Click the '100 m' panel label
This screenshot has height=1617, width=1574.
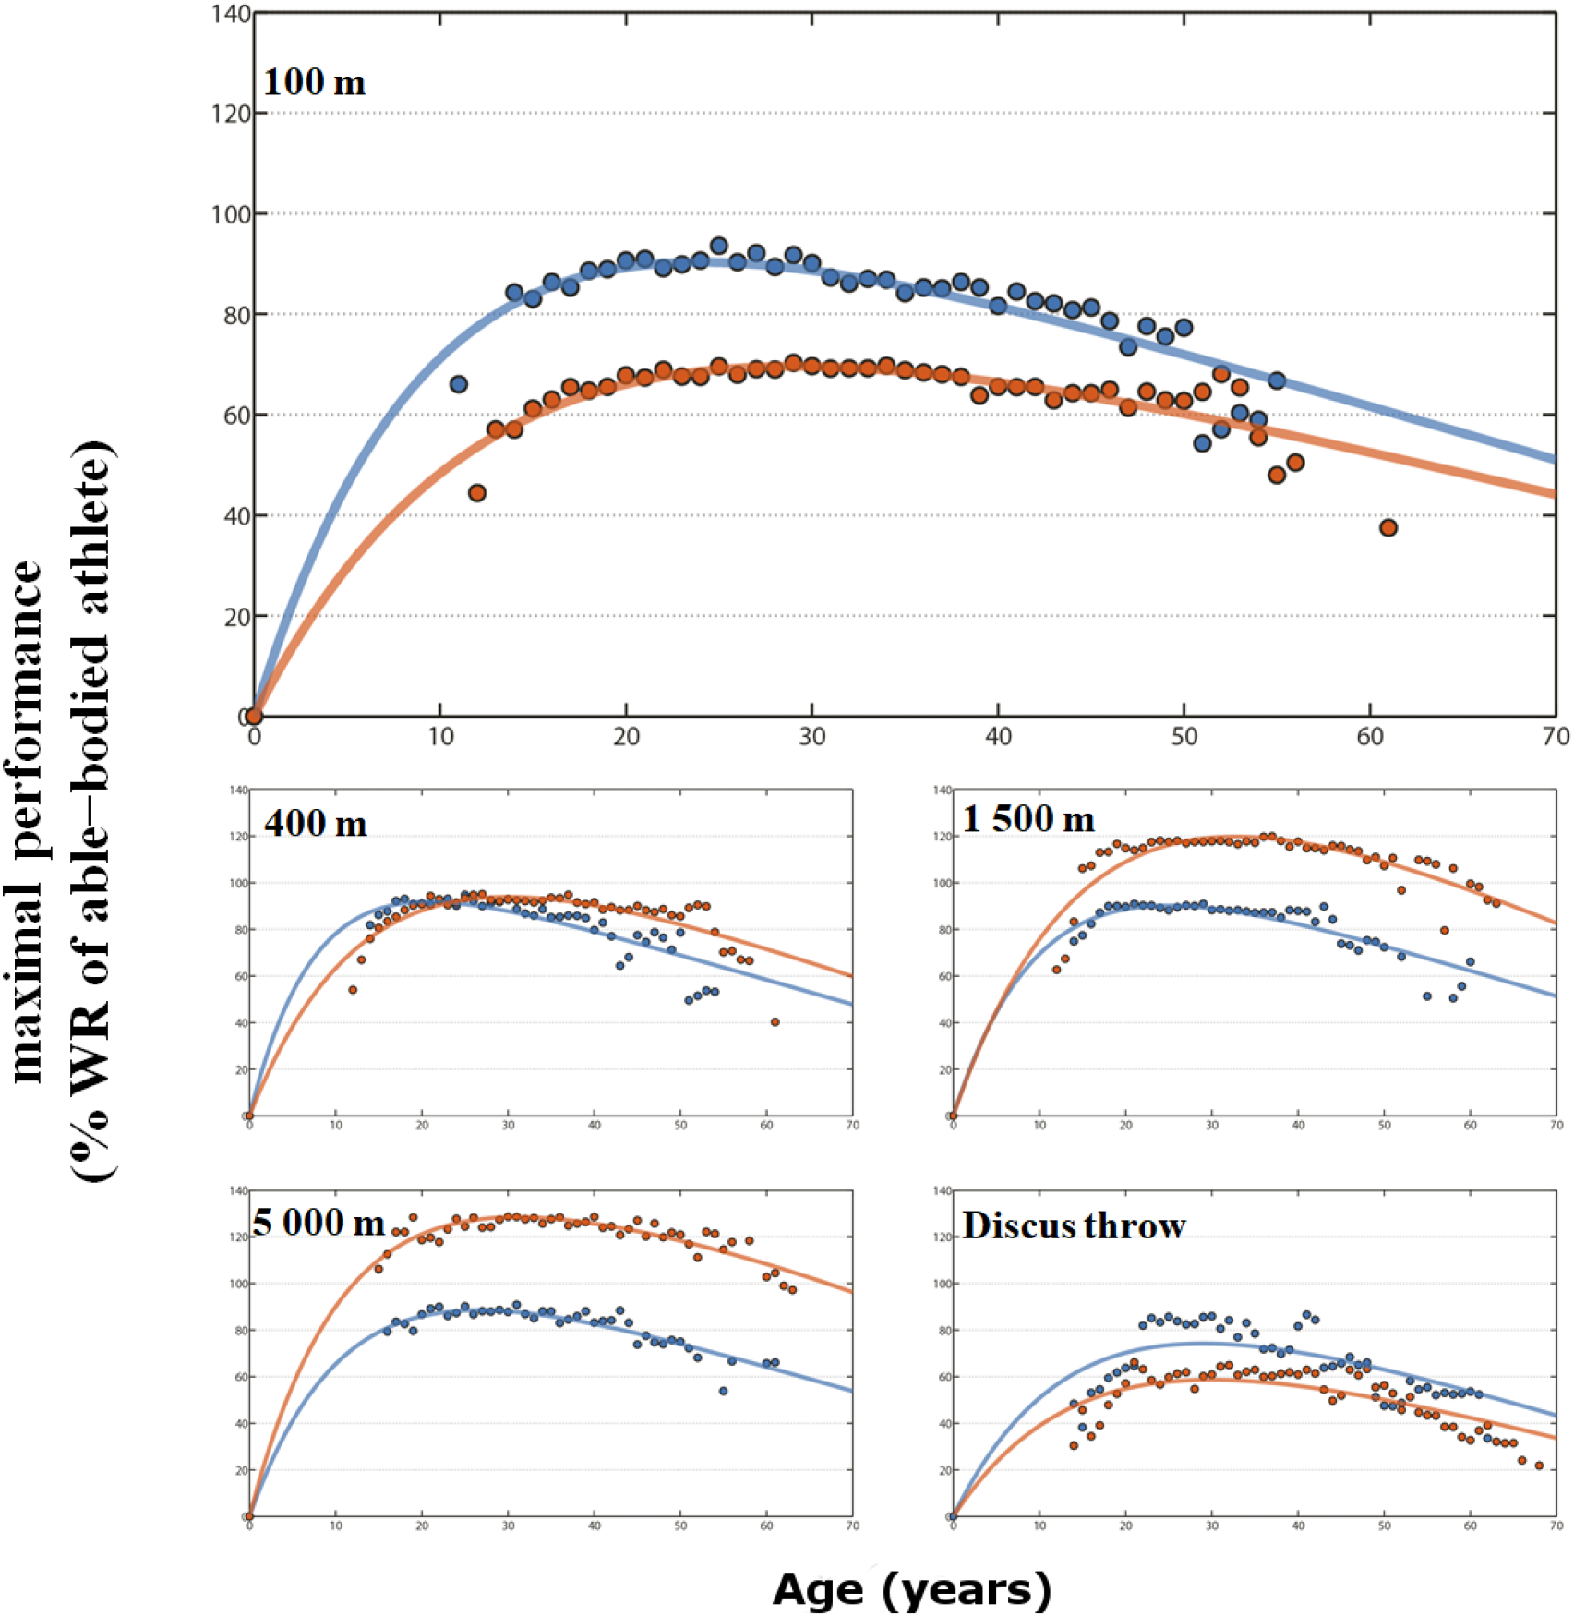click(314, 83)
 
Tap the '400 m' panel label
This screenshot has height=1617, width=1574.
click(316, 823)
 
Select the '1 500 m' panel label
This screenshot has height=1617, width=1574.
click(1027, 819)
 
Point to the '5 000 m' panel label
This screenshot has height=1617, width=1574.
click(318, 1223)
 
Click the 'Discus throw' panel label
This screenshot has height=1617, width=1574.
click(1074, 1225)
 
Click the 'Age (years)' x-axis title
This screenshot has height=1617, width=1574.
click(911, 1589)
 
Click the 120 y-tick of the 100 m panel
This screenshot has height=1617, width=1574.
click(231, 114)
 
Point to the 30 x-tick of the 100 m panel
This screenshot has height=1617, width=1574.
click(811, 737)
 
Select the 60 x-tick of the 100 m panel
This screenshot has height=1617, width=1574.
click(1369, 737)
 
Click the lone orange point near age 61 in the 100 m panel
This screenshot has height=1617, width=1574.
click(1388, 527)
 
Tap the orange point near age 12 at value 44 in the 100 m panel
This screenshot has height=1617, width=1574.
click(476, 493)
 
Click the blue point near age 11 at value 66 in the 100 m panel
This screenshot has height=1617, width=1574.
click(458, 384)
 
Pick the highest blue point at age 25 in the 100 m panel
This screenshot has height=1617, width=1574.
click(719, 246)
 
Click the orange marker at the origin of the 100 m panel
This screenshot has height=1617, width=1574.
click(254, 716)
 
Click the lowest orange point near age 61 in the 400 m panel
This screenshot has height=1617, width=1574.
click(775, 1022)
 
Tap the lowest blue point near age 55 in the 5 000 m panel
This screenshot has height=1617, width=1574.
click(723, 1391)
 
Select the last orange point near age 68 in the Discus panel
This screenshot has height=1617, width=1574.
click(1539, 1466)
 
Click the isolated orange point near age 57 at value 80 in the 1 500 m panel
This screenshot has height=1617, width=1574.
click(1444, 930)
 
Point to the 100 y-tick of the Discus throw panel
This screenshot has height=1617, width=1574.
click(942, 1284)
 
